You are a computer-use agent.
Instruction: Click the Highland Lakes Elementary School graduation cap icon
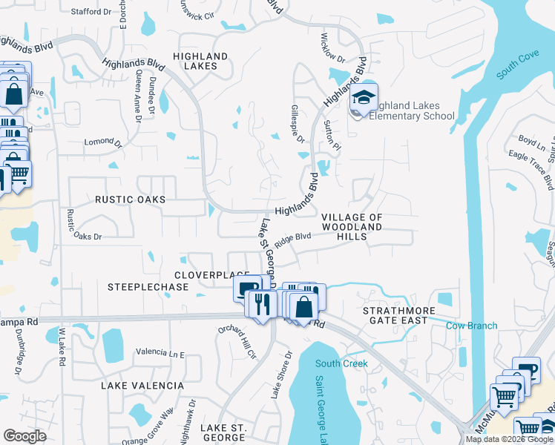364,97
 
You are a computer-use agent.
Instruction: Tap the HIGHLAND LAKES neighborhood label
200,61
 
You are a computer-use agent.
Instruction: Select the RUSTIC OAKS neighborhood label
130,200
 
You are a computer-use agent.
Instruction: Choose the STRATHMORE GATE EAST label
395,314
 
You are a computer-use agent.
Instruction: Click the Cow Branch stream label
472,326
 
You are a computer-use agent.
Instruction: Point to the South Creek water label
341,363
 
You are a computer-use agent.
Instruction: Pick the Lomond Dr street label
102,142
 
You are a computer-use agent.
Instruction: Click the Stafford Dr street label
91,12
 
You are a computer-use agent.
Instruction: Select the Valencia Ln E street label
160,354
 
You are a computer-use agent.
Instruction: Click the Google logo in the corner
24,436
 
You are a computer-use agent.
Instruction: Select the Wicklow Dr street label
332,47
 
